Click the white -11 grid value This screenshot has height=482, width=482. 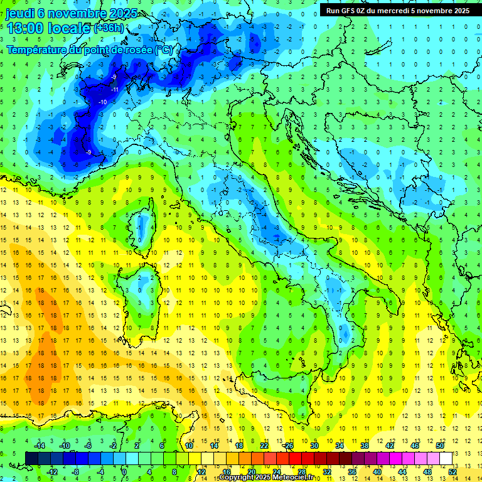pos(115,89)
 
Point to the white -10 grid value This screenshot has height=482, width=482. pos(102,102)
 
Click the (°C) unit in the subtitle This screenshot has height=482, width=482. pos(164,49)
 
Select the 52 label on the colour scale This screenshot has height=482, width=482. pos(453,471)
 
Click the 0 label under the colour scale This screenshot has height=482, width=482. pos(125,471)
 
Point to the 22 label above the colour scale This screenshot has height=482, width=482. pos(264,446)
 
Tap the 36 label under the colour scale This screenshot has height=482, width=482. pos(352,471)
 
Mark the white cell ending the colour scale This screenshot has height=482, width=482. pos(446,458)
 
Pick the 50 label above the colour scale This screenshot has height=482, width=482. pos(440,446)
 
